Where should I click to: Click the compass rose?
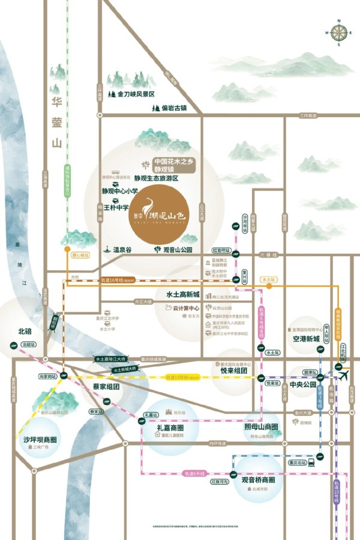[338, 33]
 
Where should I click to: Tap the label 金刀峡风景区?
[136, 94]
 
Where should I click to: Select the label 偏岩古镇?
[170, 109]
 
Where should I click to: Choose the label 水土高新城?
[182, 295]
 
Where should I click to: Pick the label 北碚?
[25, 331]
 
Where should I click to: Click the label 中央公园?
[303, 385]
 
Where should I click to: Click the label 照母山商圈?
[262, 427]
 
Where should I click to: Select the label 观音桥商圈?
[258, 480]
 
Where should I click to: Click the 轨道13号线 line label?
[178, 377]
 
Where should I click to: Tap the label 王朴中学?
[116, 208]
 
